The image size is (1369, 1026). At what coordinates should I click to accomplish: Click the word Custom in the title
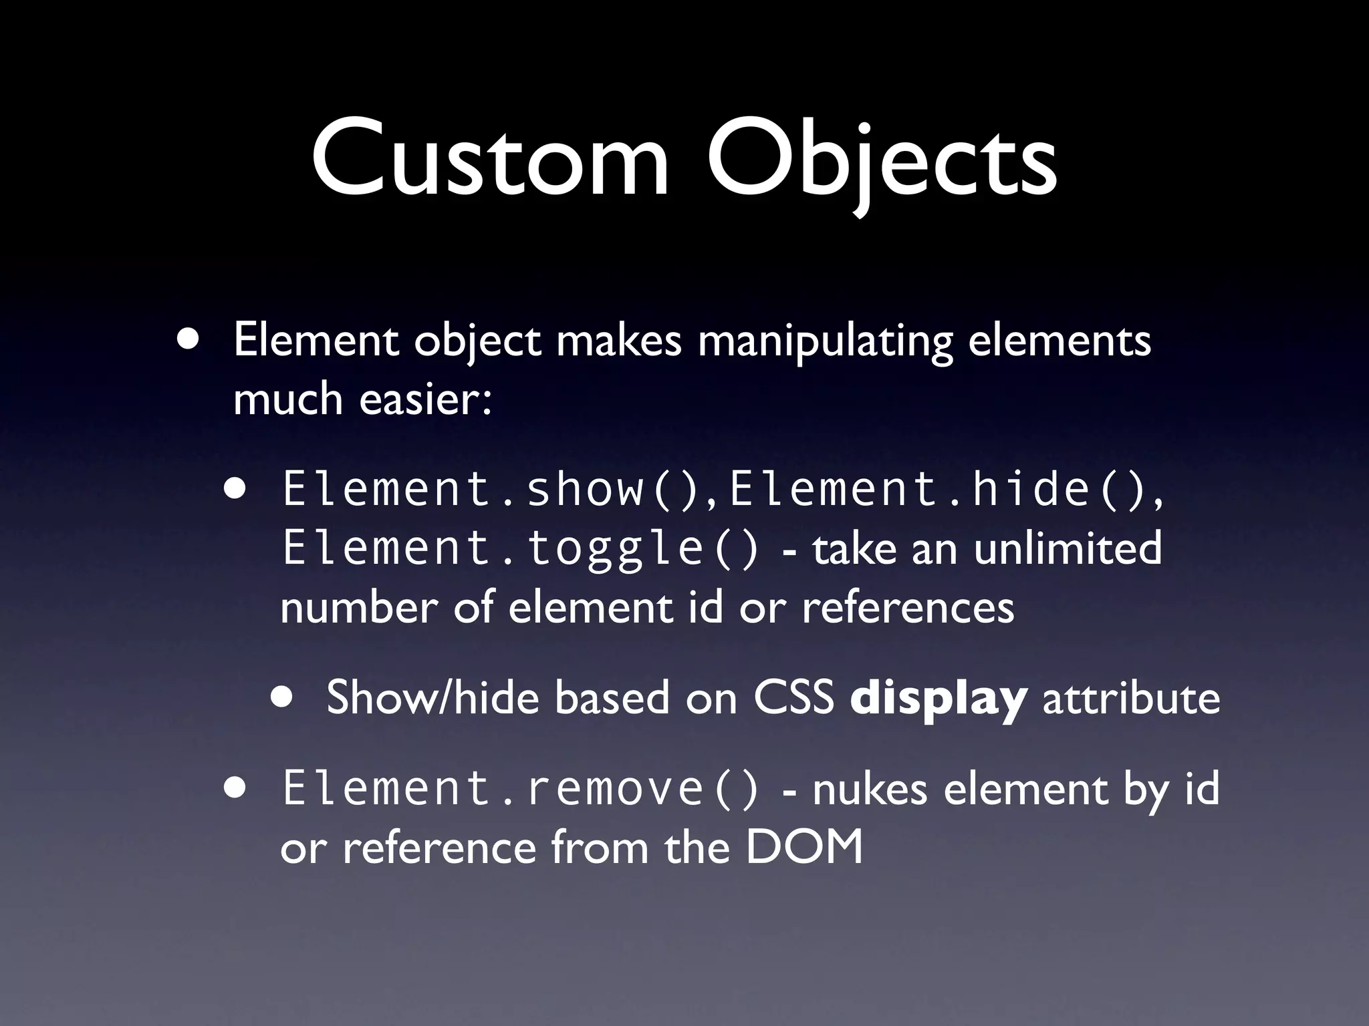click(x=489, y=160)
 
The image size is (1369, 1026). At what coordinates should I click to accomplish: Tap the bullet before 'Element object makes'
click(x=188, y=340)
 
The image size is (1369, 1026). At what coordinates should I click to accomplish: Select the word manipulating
click(x=825, y=342)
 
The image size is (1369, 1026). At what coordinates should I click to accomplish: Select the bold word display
click(x=938, y=699)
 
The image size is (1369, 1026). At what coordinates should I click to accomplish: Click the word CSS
click(x=794, y=697)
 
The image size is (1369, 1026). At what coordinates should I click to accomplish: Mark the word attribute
click(x=1131, y=697)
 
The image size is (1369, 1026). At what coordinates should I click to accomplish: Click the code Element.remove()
click(x=521, y=788)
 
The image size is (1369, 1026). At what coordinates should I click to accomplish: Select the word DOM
click(x=803, y=847)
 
